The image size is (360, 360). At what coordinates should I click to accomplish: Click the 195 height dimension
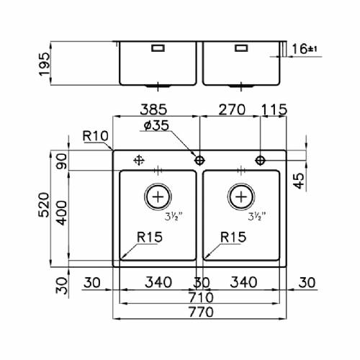(x=45, y=64)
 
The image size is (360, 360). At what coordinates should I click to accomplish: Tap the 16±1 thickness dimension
(x=305, y=49)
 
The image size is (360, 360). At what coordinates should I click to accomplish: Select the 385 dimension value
(x=153, y=109)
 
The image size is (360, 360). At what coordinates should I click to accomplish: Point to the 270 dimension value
(x=232, y=109)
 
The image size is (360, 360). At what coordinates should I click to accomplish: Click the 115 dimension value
(x=274, y=109)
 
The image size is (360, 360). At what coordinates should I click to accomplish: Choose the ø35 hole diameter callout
(x=156, y=125)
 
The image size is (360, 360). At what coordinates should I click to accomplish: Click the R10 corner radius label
(x=95, y=136)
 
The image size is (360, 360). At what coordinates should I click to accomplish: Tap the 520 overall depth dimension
(x=44, y=204)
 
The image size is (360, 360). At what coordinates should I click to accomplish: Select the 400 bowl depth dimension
(x=62, y=213)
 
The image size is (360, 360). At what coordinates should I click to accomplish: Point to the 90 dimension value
(x=62, y=161)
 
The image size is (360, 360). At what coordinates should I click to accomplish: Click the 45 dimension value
(x=299, y=181)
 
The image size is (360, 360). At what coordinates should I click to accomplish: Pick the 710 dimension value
(x=201, y=297)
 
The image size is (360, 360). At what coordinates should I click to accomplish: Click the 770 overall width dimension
(x=201, y=312)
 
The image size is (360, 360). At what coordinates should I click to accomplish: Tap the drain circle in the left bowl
(x=158, y=197)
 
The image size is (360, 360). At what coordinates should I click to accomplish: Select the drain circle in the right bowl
(x=241, y=197)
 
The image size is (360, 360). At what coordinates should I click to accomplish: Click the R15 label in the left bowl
(x=150, y=237)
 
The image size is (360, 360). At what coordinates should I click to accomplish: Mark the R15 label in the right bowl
(x=233, y=237)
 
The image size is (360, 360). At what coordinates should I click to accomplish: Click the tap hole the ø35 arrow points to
(x=199, y=160)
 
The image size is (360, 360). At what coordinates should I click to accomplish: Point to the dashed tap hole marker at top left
(x=139, y=160)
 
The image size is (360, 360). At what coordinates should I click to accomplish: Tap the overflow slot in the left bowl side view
(x=158, y=48)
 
